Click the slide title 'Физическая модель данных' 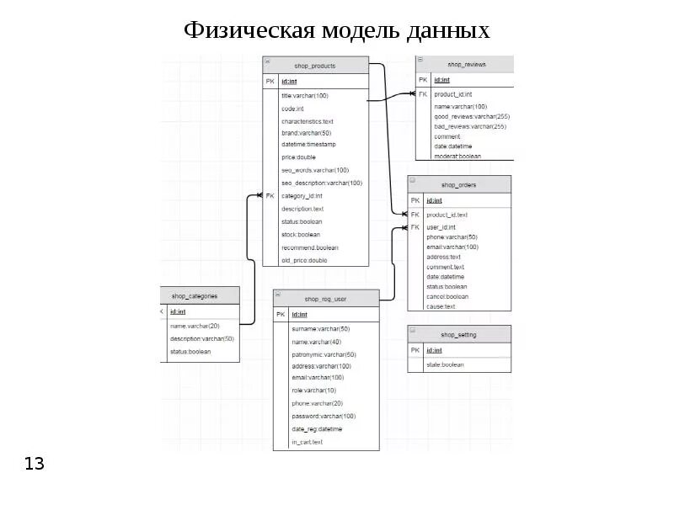click(x=337, y=31)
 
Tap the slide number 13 click(x=35, y=464)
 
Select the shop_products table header click(x=315, y=66)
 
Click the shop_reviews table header click(x=466, y=65)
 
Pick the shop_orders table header click(x=459, y=184)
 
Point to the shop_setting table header click(x=459, y=334)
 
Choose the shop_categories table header click(x=195, y=295)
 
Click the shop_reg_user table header click(x=326, y=299)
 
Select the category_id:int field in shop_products click(x=302, y=195)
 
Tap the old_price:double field click(x=304, y=260)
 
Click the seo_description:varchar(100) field click(x=322, y=183)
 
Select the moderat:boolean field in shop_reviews click(x=457, y=156)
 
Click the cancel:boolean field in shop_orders click(x=447, y=296)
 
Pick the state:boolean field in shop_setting click(x=445, y=364)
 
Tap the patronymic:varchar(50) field click(x=324, y=354)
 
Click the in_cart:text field click(x=307, y=442)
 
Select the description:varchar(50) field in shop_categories click(x=201, y=338)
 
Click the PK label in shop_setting click(x=415, y=349)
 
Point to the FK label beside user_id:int click(x=415, y=227)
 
